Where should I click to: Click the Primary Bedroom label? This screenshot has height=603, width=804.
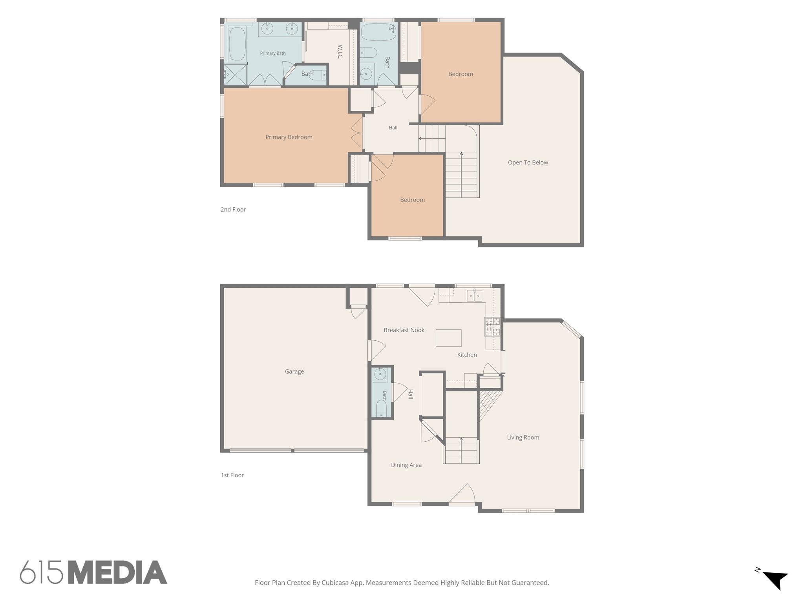(x=289, y=137)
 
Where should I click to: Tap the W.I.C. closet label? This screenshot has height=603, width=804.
(x=340, y=52)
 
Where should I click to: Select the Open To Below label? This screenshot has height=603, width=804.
(x=528, y=163)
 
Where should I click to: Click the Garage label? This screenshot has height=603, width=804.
(x=294, y=371)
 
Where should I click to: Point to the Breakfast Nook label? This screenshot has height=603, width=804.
(x=404, y=330)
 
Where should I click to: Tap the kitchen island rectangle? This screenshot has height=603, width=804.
(x=448, y=338)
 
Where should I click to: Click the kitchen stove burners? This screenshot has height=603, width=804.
(x=492, y=327)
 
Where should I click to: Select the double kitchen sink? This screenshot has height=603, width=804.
(x=474, y=295)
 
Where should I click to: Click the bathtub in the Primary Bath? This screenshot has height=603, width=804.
(x=237, y=44)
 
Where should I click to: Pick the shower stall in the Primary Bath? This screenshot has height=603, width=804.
(x=235, y=75)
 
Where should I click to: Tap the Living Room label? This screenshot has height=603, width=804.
(x=523, y=437)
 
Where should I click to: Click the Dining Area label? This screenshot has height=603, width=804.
(x=406, y=465)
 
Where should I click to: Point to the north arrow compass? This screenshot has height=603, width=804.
(x=775, y=580)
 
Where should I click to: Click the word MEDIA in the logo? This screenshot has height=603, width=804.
(x=118, y=572)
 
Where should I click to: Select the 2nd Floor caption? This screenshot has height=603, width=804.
(x=233, y=210)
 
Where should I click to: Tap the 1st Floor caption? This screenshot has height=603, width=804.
(x=232, y=475)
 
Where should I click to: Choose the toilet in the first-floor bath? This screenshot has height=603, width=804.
(x=381, y=409)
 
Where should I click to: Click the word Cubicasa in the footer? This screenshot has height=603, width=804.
(x=336, y=583)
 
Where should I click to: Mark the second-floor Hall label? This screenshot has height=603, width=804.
(x=393, y=128)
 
